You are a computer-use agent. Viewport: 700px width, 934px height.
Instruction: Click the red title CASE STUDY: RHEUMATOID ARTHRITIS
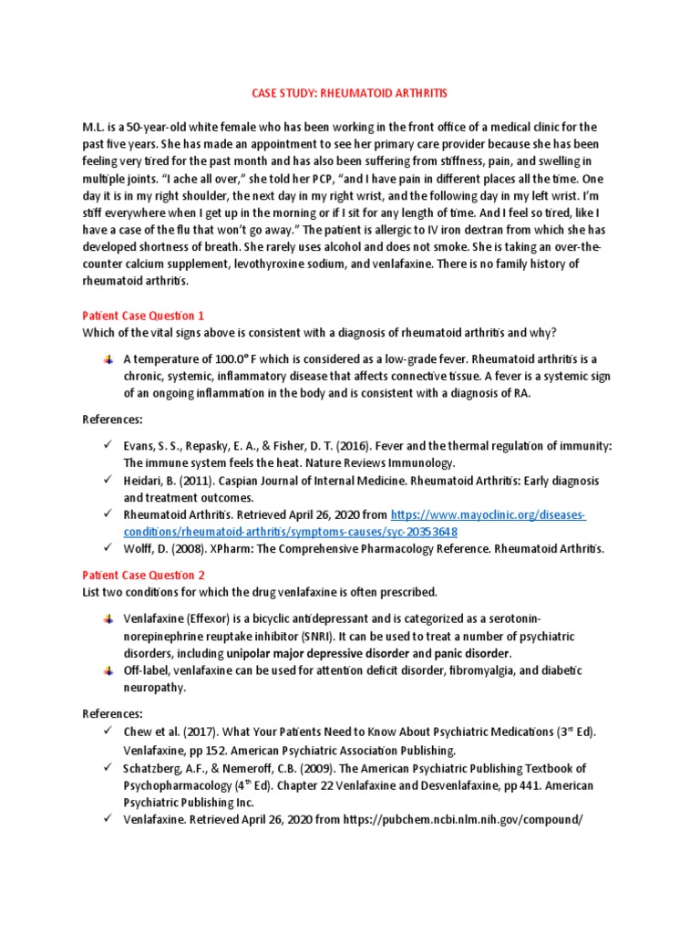[349, 94]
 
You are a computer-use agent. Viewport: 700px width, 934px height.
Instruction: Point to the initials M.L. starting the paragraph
[96, 127]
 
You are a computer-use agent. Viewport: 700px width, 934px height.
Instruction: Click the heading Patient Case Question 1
[143, 316]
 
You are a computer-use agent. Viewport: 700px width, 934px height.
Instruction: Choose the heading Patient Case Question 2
[143, 576]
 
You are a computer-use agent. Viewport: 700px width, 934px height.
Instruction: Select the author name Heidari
[146, 481]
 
